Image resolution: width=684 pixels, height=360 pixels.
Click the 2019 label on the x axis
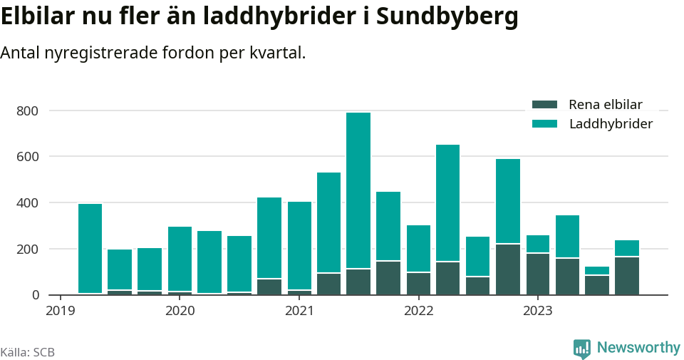(60, 311)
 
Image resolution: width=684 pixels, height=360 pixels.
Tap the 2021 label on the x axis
(299, 311)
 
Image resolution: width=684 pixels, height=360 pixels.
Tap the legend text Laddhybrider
(611, 124)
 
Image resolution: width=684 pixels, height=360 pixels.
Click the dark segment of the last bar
(627, 276)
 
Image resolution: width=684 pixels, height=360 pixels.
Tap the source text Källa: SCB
(28, 352)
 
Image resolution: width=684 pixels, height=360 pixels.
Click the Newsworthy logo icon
(581, 348)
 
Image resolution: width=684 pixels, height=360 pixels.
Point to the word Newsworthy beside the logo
(638, 347)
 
